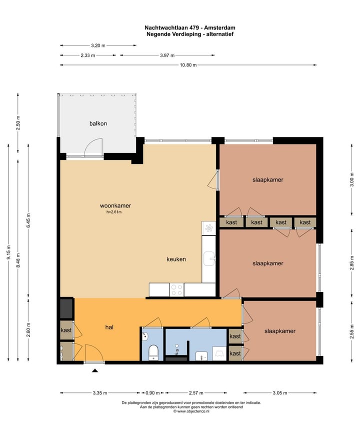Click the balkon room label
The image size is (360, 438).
click(x=98, y=123)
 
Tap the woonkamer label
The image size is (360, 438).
click(x=115, y=205)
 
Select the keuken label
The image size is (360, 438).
click(x=176, y=259)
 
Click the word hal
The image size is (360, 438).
click(x=109, y=327)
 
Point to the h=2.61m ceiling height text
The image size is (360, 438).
click(x=114, y=212)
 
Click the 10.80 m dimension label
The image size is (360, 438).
click(x=188, y=65)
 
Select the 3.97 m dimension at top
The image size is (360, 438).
click(x=167, y=55)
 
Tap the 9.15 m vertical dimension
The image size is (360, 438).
click(x=8, y=252)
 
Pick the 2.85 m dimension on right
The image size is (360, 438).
click(x=352, y=263)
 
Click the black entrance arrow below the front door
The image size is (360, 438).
click(x=95, y=370)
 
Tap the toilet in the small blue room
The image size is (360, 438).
click(x=153, y=352)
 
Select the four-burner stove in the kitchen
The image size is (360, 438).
click(x=177, y=289)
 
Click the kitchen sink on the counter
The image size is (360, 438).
click(x=209, y=258)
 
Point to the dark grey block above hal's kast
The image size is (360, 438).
click(x=66, y=308)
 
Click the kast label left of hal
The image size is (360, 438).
click(x=66, y=330)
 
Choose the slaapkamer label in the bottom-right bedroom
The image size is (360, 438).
click(x=280, y=331)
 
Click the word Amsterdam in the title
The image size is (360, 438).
click(x=219, y=27)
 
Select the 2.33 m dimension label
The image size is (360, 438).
click(x=88, y=55)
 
